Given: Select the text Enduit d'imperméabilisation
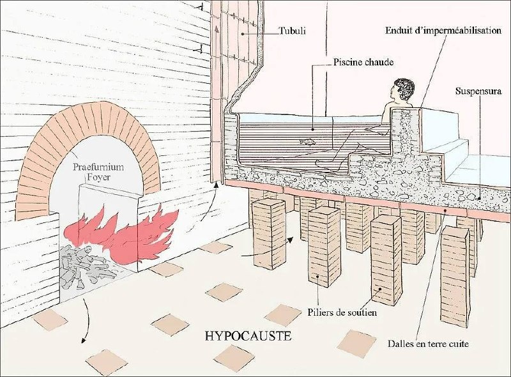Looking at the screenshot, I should tap(443, 31).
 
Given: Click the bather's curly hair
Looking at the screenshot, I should tap(404, 87).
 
